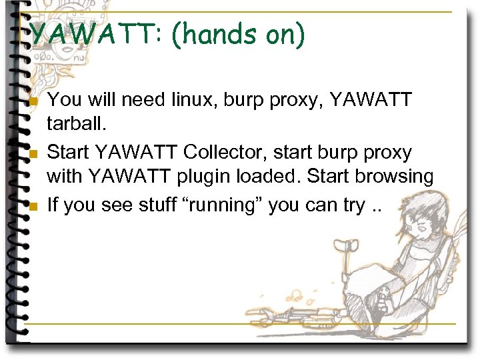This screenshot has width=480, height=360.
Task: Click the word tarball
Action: [x=73, y=126]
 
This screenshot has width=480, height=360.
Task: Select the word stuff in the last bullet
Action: [x=151, y=205]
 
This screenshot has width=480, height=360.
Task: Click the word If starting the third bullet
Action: [x=53, y=205]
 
